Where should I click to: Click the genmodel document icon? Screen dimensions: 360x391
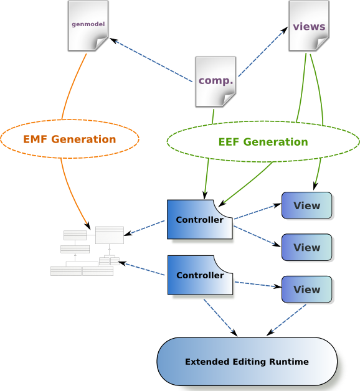(x=88, y=26)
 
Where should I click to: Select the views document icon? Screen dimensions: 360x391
(x=309, y=26)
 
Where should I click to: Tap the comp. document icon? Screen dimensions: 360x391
(x=216, y=82)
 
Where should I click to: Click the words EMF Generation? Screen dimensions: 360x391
(x=70, y=139)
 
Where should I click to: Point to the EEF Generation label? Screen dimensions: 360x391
(x=263, y=142)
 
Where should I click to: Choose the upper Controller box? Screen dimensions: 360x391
(x=200, y=219)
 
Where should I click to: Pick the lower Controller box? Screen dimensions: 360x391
(x=200, y=275)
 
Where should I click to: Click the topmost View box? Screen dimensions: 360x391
(x=307, y=205)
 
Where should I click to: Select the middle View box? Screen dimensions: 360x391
(x=307, y=247)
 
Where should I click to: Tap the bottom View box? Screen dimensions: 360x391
(x=307, y=290)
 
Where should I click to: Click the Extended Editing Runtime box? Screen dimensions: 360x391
(x=247, y=362)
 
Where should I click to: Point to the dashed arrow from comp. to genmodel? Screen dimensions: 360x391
(x=151, y=60)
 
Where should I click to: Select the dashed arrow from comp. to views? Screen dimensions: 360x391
(x=263, y=52)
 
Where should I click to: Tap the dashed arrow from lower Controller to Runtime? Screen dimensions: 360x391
(x=220, y=318)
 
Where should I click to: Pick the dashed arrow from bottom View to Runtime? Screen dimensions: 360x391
(x=286, y=320)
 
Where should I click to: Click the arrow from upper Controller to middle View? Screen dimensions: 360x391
(x=257, y=237)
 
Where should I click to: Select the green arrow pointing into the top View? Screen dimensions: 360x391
(x=318, y=174)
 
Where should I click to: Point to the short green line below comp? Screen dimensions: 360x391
(x=213, y=116)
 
